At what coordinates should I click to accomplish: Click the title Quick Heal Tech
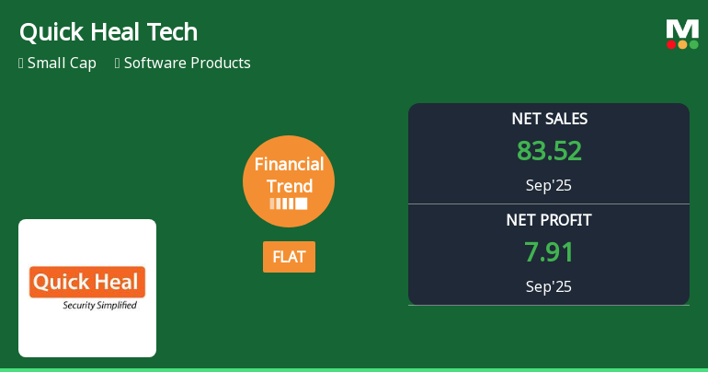point(108,32)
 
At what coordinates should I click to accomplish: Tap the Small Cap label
point(62,64)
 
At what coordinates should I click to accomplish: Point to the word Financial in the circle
point(289,165)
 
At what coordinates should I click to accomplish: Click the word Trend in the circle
point(289,186)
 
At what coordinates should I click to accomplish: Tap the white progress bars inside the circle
point(289,203)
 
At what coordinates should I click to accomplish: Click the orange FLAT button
point(289,257)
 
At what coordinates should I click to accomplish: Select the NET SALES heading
point(549,119)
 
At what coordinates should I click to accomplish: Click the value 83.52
point(549,151)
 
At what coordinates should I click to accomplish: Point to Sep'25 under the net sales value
point(549,185)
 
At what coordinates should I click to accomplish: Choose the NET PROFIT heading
point(549,220)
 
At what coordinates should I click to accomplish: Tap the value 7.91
point(549,252)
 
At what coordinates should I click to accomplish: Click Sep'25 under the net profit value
point(549,286)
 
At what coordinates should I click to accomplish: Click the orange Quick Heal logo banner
point(87,282)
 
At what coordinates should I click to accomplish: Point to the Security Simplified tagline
point(99,305)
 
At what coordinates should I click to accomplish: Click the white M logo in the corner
point(682,29)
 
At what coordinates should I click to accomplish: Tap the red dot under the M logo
point(671,44)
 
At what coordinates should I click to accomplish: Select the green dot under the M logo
point(693,44)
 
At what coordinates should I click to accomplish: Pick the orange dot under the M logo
point(682,44)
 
